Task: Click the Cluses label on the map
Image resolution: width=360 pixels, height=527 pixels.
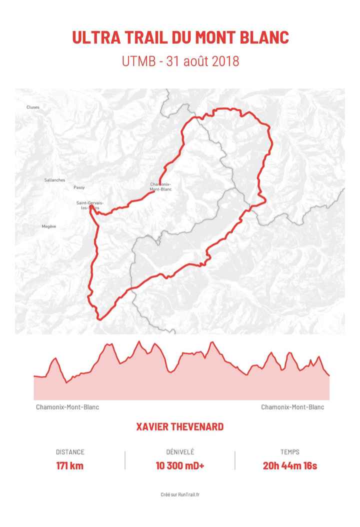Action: (33, 107)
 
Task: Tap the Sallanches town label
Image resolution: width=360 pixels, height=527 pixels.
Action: (54, 180)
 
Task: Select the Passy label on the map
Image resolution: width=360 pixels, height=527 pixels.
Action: (79, 187)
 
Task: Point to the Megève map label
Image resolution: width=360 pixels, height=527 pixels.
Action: (49, 226)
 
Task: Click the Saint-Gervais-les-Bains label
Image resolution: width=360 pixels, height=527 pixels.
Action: (90, 205)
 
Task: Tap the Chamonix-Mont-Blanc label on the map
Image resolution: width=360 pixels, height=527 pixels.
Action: (161, 186)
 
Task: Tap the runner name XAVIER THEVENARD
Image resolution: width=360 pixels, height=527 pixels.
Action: (180, 427)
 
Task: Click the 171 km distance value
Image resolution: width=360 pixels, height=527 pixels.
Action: (70, 466)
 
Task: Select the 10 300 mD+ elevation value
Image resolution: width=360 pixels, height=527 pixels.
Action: (180, 466)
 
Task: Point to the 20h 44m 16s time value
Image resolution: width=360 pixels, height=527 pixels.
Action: (290, 466)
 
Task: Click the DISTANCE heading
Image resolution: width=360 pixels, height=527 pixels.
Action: (70, 452)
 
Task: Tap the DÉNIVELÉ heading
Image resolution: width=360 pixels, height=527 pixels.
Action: (180, 452)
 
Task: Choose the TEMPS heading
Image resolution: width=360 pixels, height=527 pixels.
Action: (290, 452)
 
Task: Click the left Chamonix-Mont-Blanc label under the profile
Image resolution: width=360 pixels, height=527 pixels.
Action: (67, 407)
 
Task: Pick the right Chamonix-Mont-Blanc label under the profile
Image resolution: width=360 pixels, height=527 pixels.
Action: (292, 407)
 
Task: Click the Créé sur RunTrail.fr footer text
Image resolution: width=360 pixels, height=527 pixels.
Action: (180, 494)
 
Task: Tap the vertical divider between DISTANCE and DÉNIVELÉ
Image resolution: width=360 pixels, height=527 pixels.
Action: (125, 459)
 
